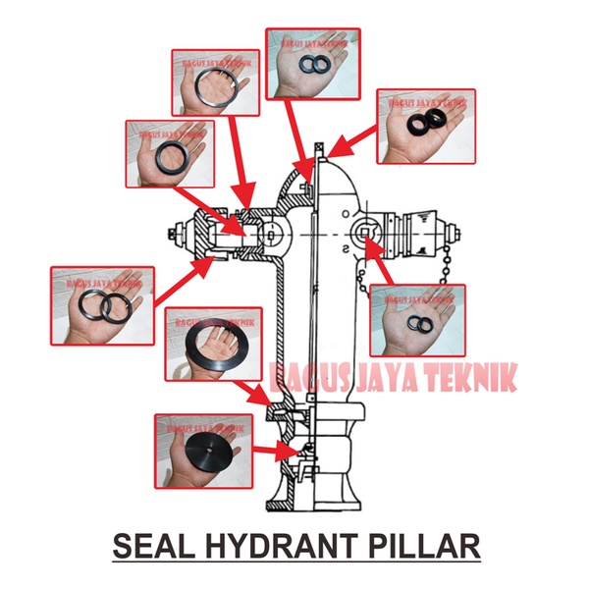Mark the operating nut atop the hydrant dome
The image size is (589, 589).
point(317,149)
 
